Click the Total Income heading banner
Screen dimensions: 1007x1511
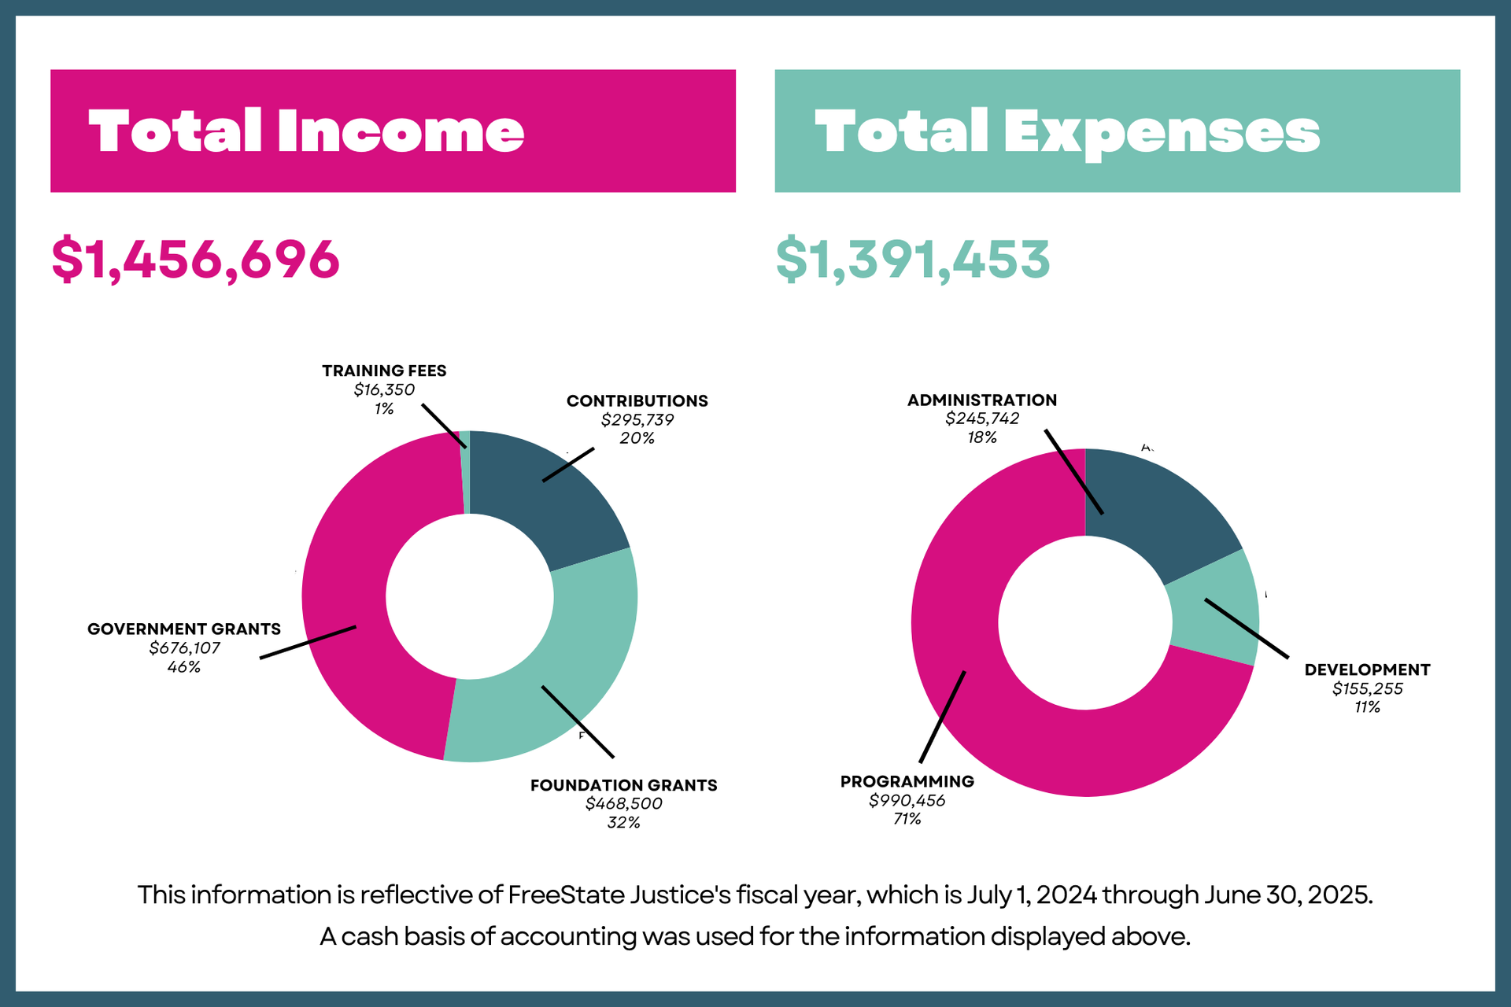point(393,131)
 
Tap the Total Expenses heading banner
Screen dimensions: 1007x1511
point(1117,131)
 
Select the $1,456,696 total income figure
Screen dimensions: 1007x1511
point(195,260)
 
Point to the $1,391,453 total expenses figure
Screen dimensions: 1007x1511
point(913,260)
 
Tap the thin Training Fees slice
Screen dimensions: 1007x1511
point(465,472)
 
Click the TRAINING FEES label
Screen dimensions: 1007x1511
point(384,371)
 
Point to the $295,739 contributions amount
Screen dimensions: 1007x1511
point(637,420)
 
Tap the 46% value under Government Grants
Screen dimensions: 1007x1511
point(183,667)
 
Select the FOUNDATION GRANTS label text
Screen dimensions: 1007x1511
point(623,785)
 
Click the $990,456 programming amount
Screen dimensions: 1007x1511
point(907,801)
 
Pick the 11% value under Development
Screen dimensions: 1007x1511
point(1367,707)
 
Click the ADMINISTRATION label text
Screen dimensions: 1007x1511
point(981,400)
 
